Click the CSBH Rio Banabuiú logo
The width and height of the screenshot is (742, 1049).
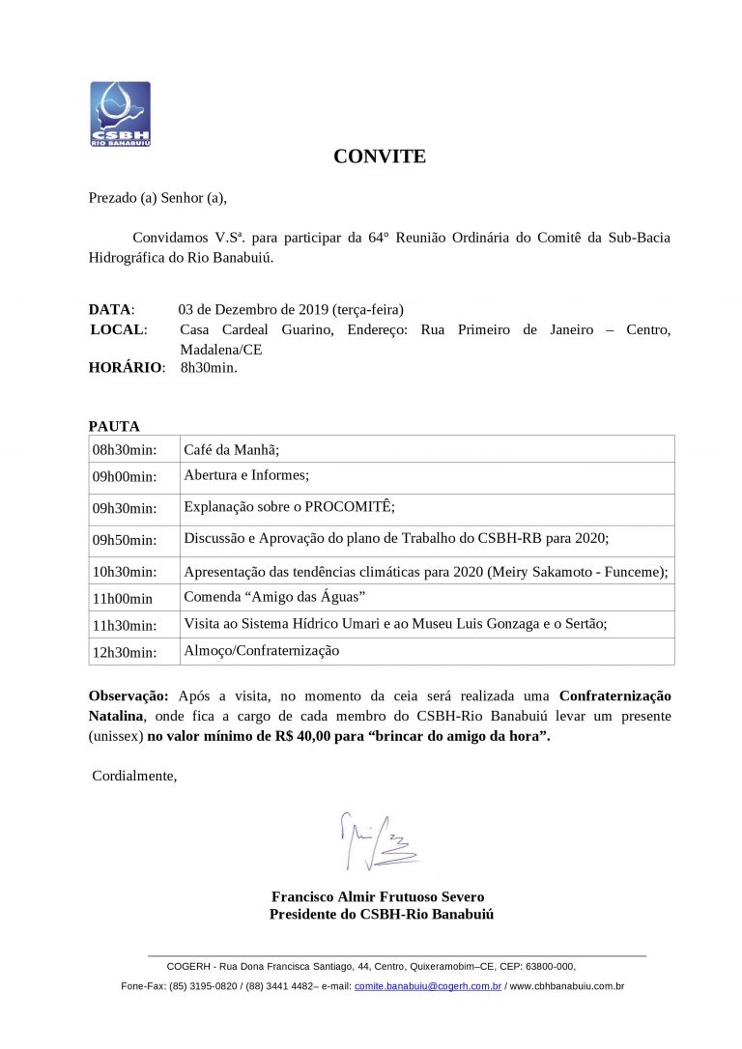pyautogui.click(x=120, y=113)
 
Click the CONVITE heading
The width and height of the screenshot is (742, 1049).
pyautogui.click(x=380, y=156)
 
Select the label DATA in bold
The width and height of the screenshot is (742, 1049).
pyautogui.click(x=110, y=310)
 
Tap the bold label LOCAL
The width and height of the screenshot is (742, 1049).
pyautogui.click(x=119, y=330)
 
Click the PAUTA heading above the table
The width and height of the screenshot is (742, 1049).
pyautogui.click(x=114, y=426)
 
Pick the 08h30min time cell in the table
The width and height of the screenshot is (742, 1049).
pyautogui.click(x=125, y=450)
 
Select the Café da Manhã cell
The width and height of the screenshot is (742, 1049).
pyautogui.click(x=231, y=449)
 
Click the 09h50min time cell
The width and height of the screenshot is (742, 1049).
pyautogui.click(x=125, y=540)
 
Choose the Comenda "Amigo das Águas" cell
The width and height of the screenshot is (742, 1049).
pyautogui.click(x=273, y=597)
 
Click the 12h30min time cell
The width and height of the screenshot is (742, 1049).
pyautogui.click(x=125, y=652)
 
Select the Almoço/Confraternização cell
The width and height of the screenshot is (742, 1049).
pyautogui.click(x=261, y=651)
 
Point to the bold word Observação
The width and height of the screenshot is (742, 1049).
pyautogui.click(x=128, y=695)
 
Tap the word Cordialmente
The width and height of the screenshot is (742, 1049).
pyautogui.click(x=134, y=776)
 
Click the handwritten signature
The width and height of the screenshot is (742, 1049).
pyautogui.click(x=377, y=838)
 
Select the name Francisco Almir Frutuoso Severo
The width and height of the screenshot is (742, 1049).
pyautogui.click(x=378, y=896)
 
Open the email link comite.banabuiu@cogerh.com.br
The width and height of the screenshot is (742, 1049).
pyautogui.click(x=428, y=986)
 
